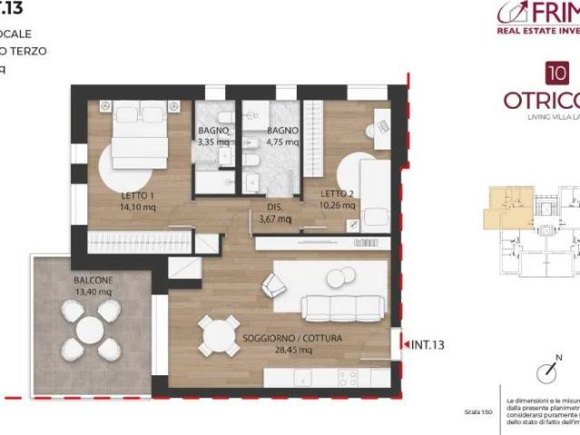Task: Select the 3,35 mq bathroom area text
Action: click(x=214, y=141)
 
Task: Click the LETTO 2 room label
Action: click(x=337, y=194)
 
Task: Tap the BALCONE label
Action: click(x=93, y=280)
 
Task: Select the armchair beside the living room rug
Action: click(x=274, y=285)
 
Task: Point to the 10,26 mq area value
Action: click(x=338, y=206)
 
